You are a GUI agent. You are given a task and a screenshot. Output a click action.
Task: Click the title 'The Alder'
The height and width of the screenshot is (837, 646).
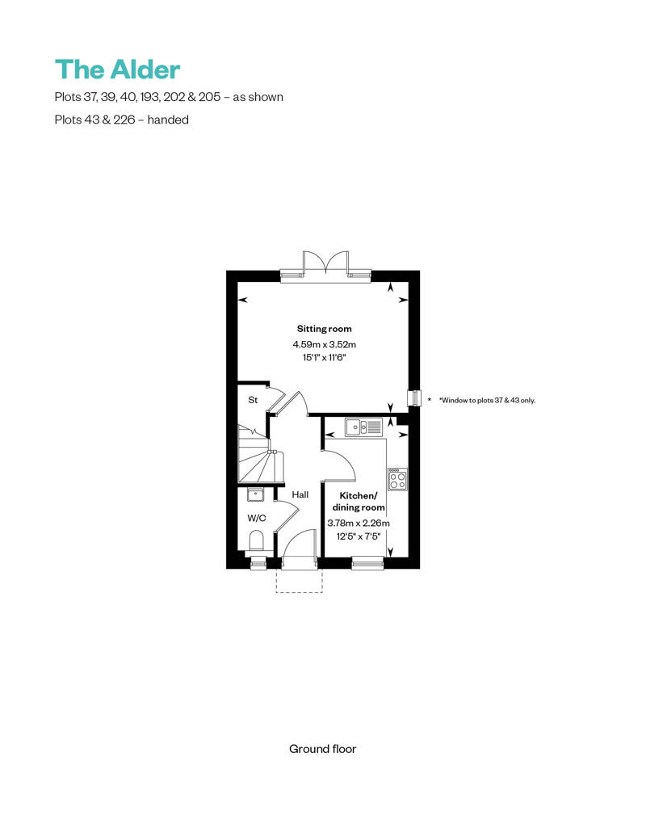point(117,69)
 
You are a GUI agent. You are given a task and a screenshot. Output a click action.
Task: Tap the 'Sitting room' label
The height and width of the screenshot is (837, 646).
point(324,329)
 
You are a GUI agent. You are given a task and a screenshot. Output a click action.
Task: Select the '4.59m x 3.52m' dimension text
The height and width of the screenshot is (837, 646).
point(324,344)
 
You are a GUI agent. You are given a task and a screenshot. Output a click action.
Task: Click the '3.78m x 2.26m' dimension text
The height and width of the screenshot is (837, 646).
point(358,523)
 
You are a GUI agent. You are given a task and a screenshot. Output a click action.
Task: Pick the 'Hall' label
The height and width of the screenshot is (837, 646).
point(300,494)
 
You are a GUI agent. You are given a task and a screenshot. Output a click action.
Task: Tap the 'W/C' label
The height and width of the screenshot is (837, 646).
point(257,518)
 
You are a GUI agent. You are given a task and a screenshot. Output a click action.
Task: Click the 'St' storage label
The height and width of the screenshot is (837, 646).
point(252,400)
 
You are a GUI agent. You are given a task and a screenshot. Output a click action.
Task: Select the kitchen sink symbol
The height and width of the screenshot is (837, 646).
point(363,427)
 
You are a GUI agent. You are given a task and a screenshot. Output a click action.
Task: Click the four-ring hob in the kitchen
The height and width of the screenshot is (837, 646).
point(397,479)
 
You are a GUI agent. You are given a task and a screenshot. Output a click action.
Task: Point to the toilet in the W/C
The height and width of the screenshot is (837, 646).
point(258,540)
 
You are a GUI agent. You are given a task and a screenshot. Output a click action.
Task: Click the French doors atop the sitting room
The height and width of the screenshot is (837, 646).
point(325,263)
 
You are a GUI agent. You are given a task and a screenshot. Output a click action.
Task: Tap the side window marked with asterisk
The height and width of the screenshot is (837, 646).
point(416,398)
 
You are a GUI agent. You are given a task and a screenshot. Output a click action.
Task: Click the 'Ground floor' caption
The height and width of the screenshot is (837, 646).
point(322,749)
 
